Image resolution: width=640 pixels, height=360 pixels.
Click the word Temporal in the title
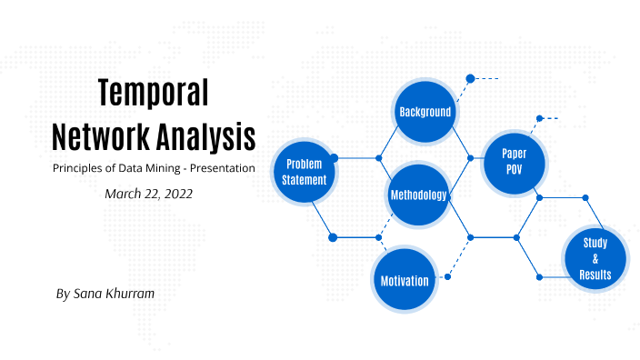click(153, 93)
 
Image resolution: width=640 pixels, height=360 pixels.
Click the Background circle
click(425, 112)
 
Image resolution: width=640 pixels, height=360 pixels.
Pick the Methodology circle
click(418, 195)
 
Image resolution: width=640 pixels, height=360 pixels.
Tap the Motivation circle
click(405, 280)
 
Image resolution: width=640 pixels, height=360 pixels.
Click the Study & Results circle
click(595, 259)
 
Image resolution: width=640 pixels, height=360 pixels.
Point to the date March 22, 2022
click(148, 194)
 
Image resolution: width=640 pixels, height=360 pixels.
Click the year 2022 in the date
click(176, 194)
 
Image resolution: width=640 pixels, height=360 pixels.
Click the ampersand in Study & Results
click(595, 259)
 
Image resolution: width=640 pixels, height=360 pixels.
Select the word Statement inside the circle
click(305, 180)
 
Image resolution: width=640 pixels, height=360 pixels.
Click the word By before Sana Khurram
click(62, 295)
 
